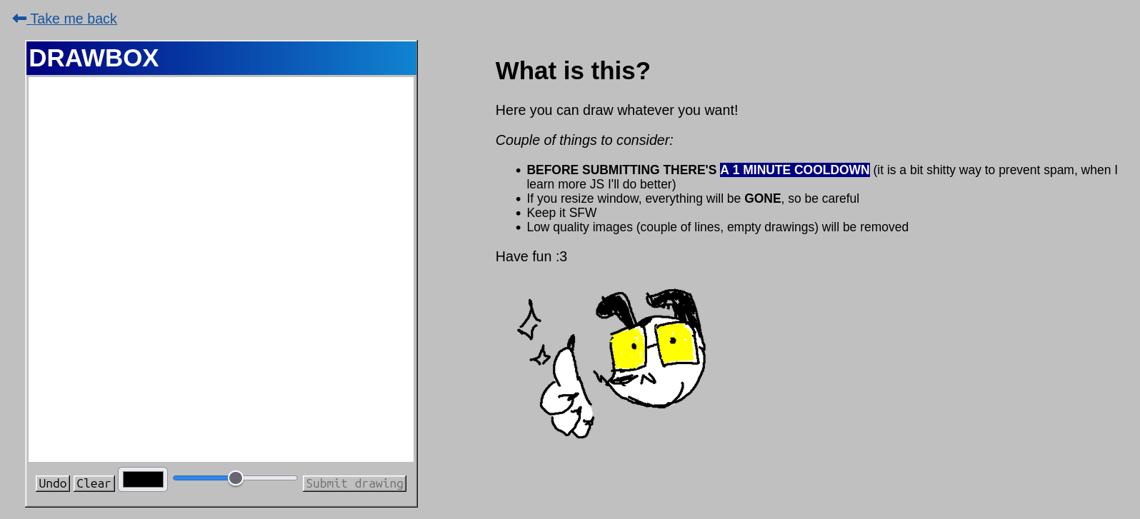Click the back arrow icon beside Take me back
[19, 19]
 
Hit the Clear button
[94, 483]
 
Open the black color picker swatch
[143, 479]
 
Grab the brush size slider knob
[235, 478]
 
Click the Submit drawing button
[355, 483]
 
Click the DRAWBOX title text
[94, 58]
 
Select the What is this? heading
[573, 71]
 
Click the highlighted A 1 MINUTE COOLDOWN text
[795, 170]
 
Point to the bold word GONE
[762, 198]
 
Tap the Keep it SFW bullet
[561, 213]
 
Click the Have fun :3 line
[531, 256]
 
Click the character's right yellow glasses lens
[675, 343]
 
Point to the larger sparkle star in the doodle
[530, 321]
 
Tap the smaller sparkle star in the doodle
[541, 356]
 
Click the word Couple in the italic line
[518, 141]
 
